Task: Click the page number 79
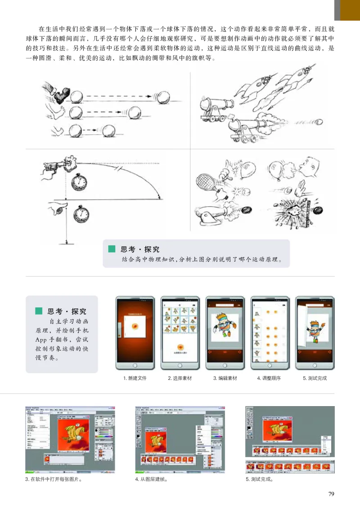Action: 331,494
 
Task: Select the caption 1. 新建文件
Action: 135,378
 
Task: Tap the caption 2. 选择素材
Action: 180,378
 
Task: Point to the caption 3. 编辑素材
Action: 225,378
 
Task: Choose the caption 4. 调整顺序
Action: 269,378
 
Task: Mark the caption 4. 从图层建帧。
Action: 151,479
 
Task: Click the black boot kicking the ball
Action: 59,94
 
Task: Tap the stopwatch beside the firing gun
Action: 79,181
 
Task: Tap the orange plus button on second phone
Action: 180,347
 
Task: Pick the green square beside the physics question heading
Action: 112,249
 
